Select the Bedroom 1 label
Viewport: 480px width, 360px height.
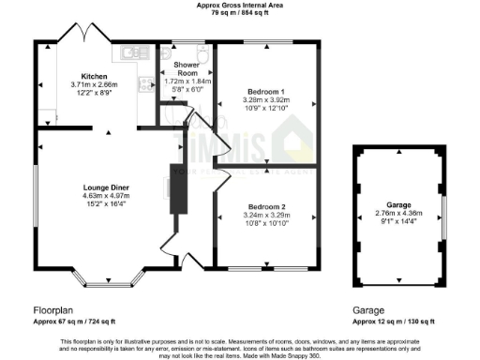pos(265,92)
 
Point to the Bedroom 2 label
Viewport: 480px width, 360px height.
pos(265,205)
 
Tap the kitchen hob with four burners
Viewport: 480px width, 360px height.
pos(147,86)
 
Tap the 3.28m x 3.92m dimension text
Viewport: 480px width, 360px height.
pos(265,101)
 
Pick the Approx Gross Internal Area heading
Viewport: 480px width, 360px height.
pos(239,6)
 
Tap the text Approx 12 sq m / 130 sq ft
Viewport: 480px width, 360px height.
pos(393,321)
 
